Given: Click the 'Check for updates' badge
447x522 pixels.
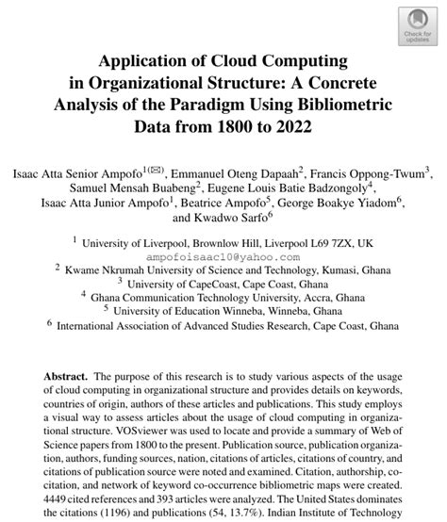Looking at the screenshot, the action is coord(418,25).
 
